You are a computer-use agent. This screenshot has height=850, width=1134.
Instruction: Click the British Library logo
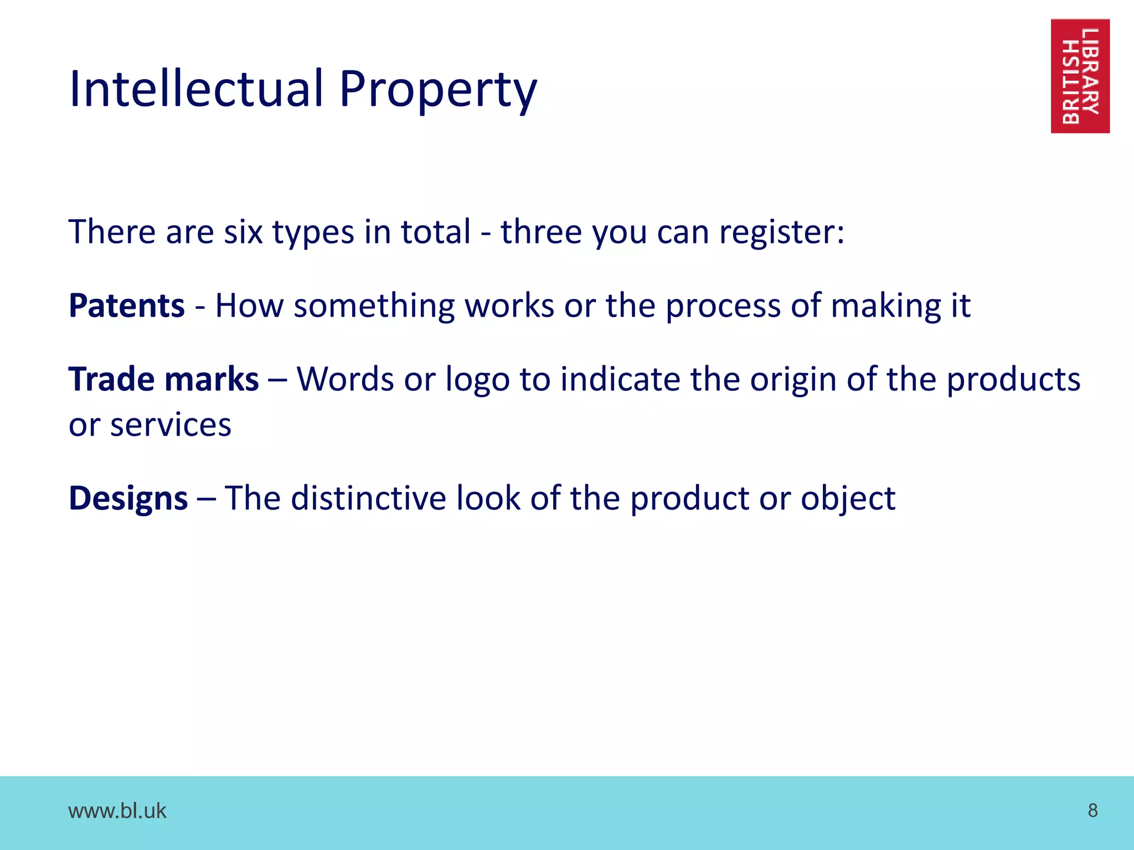(x=1080, y=76)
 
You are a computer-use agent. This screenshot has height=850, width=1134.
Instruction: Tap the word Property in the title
(x=437, y=90)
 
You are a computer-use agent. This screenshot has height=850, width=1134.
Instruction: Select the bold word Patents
(x=127, y=305)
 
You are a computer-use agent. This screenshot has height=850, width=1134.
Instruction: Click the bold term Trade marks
(x=164, y=379)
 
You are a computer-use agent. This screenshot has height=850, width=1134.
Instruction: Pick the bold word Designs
(x=128, y=498)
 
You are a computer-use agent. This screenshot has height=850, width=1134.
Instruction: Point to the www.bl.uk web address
(x=117, y=811)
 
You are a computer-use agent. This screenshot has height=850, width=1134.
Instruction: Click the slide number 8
(x=1092, y=810)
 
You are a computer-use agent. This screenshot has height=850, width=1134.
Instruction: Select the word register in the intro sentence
(x=781, y=232)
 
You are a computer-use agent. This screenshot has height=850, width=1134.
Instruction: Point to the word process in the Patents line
(x=723, y=307)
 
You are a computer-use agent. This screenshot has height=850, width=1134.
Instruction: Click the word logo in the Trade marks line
(x=477, y=380)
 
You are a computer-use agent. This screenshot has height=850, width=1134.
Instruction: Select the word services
(x=171, y=425)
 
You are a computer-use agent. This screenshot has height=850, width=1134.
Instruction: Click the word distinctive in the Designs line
(x=368, y=498)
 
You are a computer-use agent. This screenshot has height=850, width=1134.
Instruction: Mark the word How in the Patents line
(x=249, y=305)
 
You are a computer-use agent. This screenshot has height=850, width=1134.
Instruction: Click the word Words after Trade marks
(x=345, y=379)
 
